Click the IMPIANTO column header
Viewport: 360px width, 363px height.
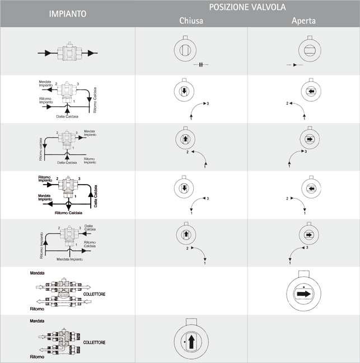click(67, 13)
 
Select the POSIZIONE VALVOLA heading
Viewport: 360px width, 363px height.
click(247, 7)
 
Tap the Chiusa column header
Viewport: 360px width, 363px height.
click(191, 21)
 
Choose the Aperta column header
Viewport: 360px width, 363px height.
click(303, 21)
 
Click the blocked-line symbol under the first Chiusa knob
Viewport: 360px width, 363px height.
click(200, 65)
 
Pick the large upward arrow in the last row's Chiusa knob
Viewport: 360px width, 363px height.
click(191, 340)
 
